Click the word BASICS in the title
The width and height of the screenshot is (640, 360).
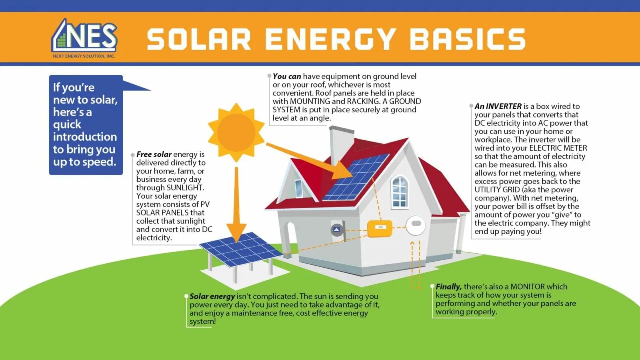coord(468,39)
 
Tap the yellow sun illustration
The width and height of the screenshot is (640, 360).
coord(236,132)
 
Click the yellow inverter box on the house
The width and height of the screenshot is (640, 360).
coord(380,228)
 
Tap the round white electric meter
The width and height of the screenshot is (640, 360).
coord(416,225)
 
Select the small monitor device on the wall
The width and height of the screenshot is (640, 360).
coord(337,230)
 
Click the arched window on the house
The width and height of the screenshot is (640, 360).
coord(400,192)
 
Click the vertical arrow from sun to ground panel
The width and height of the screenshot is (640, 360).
coord(236,204)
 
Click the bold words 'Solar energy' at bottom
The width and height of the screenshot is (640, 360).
coord(212,296)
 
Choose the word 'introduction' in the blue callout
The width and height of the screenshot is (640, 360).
coord(85,137)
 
